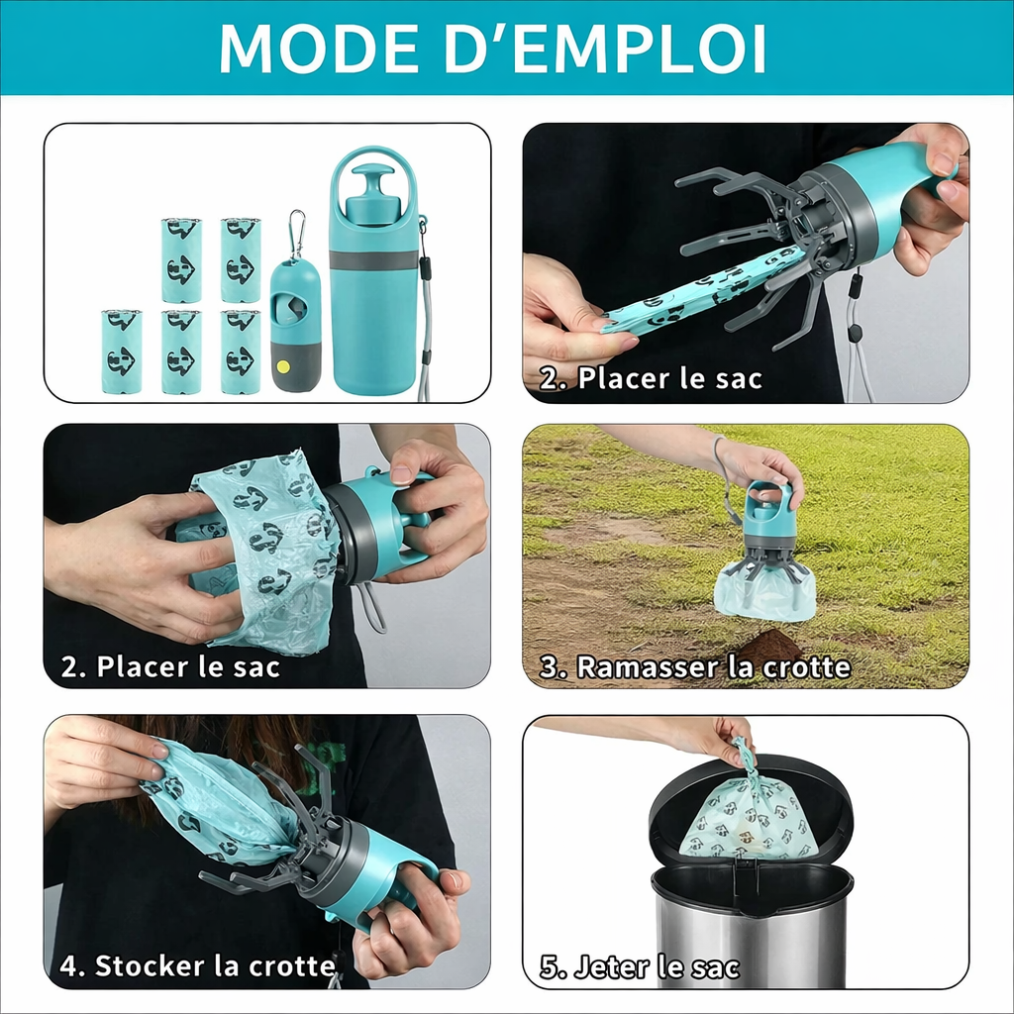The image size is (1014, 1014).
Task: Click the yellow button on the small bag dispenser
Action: [283, 365]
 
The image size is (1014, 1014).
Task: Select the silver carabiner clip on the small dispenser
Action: [296, 234]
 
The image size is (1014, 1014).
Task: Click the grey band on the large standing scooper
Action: [374, 260]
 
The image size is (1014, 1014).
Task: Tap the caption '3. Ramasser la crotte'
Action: [694, 667]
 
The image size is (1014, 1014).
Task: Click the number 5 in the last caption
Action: [549, 966]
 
